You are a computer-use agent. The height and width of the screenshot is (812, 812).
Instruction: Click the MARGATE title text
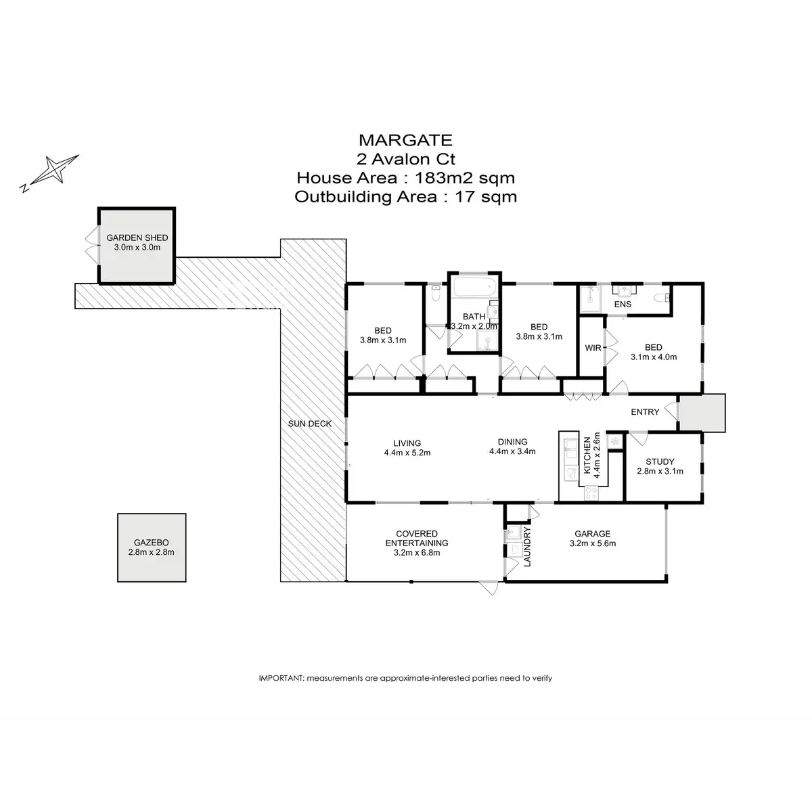click(x=405, y=140)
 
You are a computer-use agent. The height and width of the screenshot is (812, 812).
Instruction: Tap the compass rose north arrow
click(x=51, y=170)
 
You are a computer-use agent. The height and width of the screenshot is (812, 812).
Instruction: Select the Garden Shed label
click(x=137, y=238)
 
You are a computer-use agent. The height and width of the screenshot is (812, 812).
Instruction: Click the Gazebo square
click(x=152, y=547)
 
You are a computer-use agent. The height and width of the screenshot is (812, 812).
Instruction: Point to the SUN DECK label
click(x=310, y=424)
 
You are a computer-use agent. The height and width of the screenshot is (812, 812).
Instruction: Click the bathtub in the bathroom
click(x=474, y=287)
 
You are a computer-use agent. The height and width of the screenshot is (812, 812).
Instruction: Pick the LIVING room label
click(x=407, y=443)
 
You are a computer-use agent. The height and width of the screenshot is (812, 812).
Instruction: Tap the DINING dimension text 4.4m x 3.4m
click(x=512, y=451)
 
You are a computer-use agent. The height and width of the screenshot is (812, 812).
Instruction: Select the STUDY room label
click(x=660, y=462)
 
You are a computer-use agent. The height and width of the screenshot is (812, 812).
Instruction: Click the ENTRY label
click(x=645, y=412)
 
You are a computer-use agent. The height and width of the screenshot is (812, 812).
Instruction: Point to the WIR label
click(x=593, y=348)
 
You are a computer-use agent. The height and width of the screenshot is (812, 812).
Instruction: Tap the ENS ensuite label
click(x=623, y=304)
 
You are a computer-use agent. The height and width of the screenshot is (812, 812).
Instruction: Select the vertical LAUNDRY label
click(x=526, y=547)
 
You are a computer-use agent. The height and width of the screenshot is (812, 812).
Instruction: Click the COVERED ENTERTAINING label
click(x=417, y=538)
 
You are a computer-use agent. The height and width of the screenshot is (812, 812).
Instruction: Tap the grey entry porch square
click(x=702, y=412)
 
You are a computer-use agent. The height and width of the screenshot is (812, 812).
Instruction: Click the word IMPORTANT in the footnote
click(x=281, y=677)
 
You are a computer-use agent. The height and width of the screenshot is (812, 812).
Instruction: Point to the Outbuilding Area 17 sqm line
click(x=405, y=197)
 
